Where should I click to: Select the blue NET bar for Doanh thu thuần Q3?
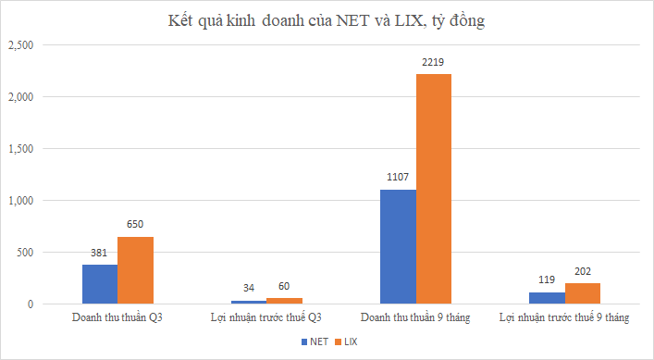click(x=100, y=284)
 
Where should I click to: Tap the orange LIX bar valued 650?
click(x=135, y=270)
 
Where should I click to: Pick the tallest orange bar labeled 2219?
click(x=434, y=189)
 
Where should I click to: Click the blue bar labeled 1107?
click(x=399, y=246)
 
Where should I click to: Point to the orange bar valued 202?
click(x=583, y=293)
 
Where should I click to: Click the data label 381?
click(x=100, y=254)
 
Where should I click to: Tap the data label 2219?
click(x=434, y=63)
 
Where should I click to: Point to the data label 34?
click(x=249, y=289)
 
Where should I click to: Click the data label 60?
click(x=285, y=286)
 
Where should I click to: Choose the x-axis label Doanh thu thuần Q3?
click(x=117, y=318)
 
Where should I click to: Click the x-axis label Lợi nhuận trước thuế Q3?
click(x=266, y=318)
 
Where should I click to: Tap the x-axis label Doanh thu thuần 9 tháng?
click(x=416, y=318)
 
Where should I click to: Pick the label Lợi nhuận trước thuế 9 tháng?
click(x=564, y=318)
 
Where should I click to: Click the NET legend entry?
click(x=315, y=342)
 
